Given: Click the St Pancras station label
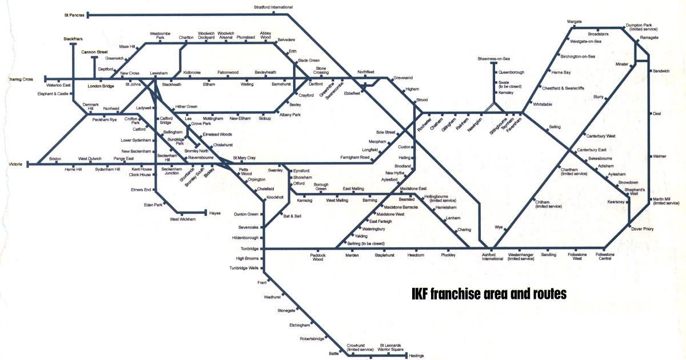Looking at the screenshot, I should pyautogui.click(x=74, y=15).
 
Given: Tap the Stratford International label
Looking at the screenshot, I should pyautogui.click(x=273, y=7).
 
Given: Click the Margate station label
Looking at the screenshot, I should pyautogui.click(x=574, y=22).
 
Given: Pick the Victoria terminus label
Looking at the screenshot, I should pyautogui.click(x=14, y=165).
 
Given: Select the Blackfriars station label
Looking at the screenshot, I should pyautogui.click(x=73, y=38).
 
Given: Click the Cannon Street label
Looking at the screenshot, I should pyautogui.click(x=94, y=52).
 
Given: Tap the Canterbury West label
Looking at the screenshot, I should pyautogui.click(x=600, y=136).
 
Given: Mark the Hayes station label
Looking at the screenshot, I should pyautogui.click(x=215, y=213).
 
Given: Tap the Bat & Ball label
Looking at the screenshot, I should pyautogui.click(x=292, y=215).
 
